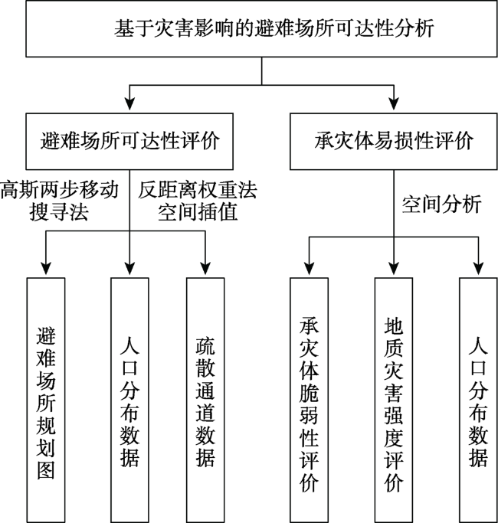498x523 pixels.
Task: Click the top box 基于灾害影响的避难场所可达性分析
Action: [x=261, y=28]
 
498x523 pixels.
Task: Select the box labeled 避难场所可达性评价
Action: [x=129, y=142]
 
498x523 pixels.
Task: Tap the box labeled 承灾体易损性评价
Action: [x=394, y=142]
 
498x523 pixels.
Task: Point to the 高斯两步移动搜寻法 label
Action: [x=60, y=201]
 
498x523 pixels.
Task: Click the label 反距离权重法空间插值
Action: [x=198, y=201]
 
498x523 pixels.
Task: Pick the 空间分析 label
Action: [x=441, y=204]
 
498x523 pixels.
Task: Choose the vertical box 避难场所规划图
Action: [x=46, y=400]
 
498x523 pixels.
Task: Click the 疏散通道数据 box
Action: [x=205, y=400]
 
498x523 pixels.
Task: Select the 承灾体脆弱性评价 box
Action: [x=309, y=400]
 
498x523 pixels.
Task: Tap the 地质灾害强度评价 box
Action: [x=394, y=400]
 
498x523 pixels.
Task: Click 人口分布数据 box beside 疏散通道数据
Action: [x=129, y=400]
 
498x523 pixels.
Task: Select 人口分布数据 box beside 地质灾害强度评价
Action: [x=478, y=400]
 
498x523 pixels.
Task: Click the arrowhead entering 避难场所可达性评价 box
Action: [x=129, y=104]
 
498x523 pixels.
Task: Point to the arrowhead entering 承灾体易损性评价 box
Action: [x=394, y=104]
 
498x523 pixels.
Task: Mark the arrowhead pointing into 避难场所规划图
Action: [x=46, y=268]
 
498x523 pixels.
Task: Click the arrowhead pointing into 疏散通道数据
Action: [x=205, y=268]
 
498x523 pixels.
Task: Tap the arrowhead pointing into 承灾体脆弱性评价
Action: [x=309, y=268]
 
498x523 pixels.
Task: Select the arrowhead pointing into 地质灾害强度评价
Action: [x=394, y=268]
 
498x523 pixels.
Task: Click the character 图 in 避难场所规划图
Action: [x=46, y=470]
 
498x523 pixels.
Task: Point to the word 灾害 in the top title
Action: [x=173, y=28]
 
